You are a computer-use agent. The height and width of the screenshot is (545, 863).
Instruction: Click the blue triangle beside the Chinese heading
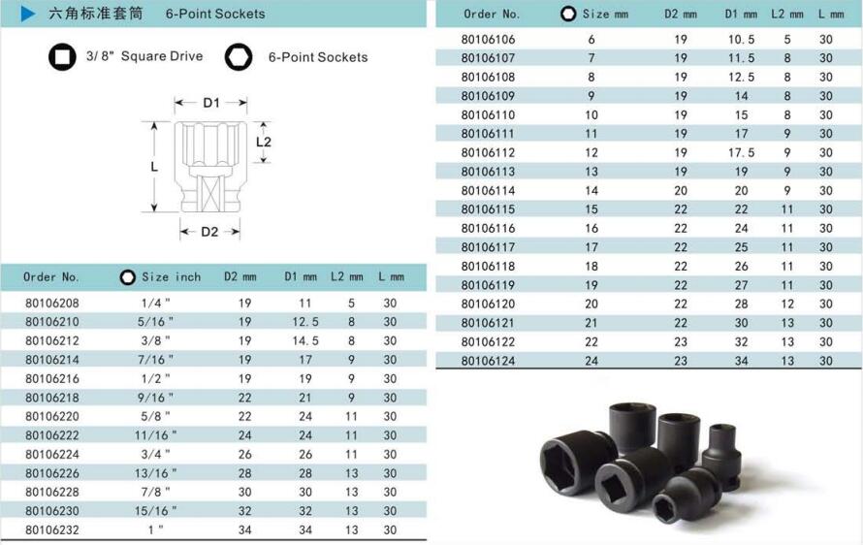(27, 14)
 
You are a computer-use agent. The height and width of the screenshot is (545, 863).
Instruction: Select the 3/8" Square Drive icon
(62, 56)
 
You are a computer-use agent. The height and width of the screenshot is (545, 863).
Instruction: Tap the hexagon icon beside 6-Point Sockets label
(239, 56)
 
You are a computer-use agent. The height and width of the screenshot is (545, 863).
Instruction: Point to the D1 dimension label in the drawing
(211, 103)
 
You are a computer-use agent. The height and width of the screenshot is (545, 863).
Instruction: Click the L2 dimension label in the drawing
(264, 142)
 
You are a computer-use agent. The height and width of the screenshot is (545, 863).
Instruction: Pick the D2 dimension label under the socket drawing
(209, 232)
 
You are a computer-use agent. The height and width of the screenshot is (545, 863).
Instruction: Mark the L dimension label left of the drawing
(154, 166)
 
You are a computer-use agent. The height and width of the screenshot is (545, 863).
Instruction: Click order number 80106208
(52, 303)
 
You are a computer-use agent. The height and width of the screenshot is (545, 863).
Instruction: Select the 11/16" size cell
(156, 435)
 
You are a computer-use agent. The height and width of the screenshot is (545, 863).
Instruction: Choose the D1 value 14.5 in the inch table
(305, 340)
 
